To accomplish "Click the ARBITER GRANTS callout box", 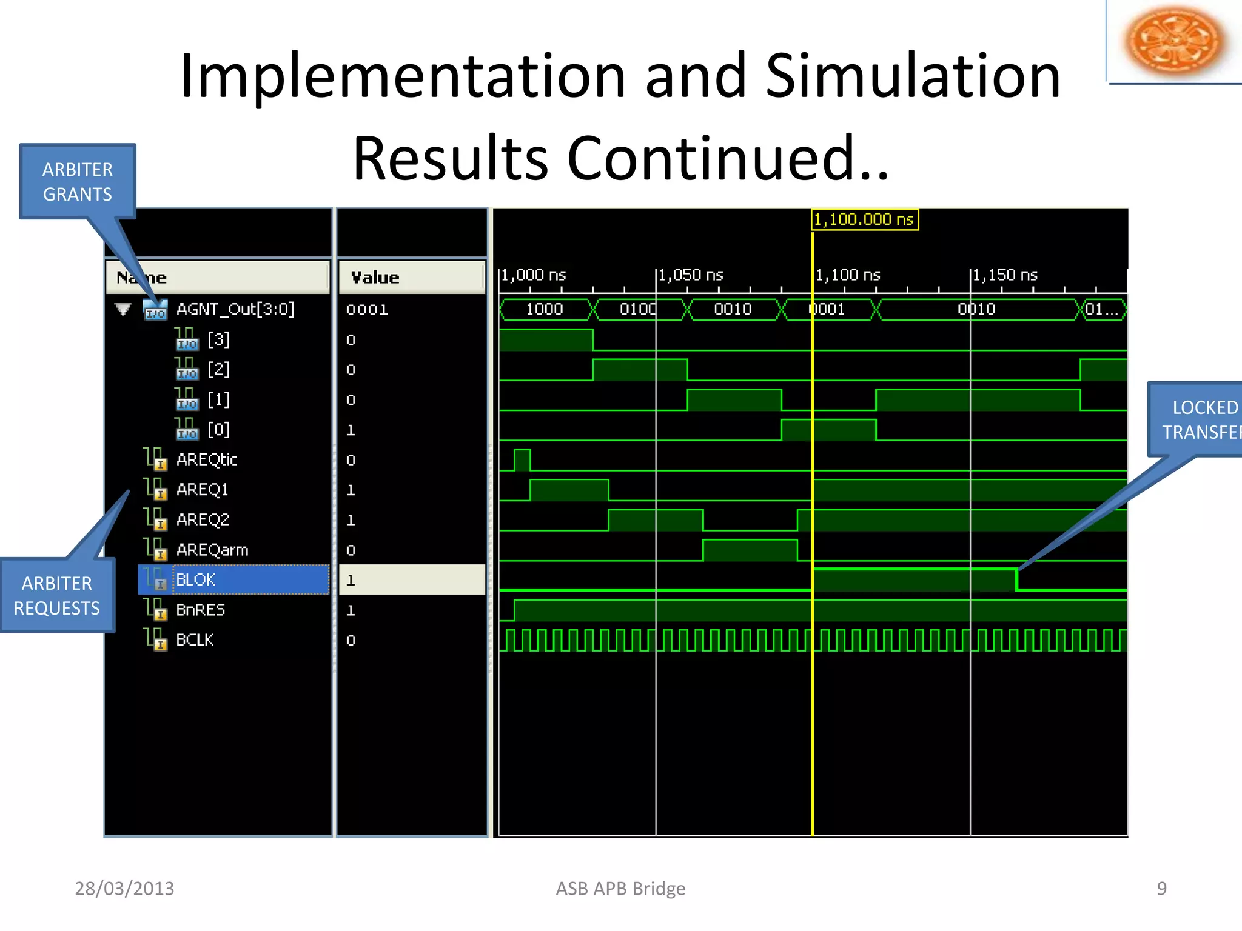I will (x=78, y=181).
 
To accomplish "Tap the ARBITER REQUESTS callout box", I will (x=57, y=595).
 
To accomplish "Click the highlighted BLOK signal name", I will (x=195, y=580).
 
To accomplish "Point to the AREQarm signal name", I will (x=212, y=550).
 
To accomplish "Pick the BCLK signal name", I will (x=195, y=640).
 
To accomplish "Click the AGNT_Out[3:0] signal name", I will (x=235, y=309).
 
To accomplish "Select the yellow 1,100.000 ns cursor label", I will (x=864, y=219).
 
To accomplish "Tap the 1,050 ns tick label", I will (x=691, y=275).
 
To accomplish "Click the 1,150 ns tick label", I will (x=1005, y=275).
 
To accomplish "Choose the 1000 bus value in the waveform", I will (x=544, y=310).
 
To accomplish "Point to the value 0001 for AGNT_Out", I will (x=367, y=310).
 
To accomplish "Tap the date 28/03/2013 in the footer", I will (x=124, y=889).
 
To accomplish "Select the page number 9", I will (x=1161, y=889).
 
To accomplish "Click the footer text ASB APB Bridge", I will (x=620, y=889).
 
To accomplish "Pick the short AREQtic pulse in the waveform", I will (x=522, y=459).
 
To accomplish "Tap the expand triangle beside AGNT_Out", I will (x=123, y=310).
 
